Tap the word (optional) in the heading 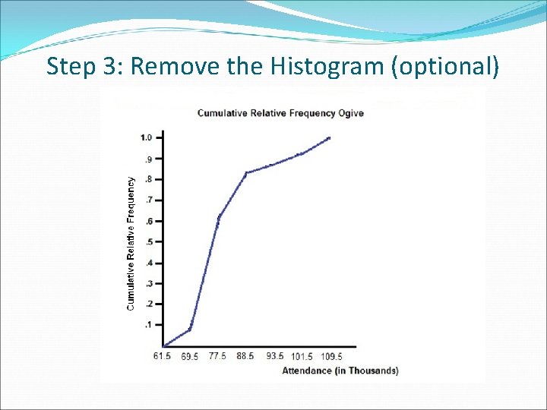coord(444,67)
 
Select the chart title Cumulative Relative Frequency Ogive coord(280,113)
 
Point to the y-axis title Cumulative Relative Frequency coord(131,243)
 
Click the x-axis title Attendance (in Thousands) coord(340,371)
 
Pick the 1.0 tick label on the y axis coord(147,137)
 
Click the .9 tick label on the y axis coord(148,159)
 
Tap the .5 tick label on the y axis coord(148,241)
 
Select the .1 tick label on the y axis coord(148,324)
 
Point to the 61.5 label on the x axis coord(162,356)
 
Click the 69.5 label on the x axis coord(190,356)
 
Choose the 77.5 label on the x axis coord(218,356)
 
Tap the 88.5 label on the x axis coord(246,356)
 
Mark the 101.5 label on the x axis coord(302,356)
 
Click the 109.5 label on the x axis coord(331,356)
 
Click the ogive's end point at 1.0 coord(329,138)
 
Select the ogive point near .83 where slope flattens coord(246,172)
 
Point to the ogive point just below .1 coord(190,329)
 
